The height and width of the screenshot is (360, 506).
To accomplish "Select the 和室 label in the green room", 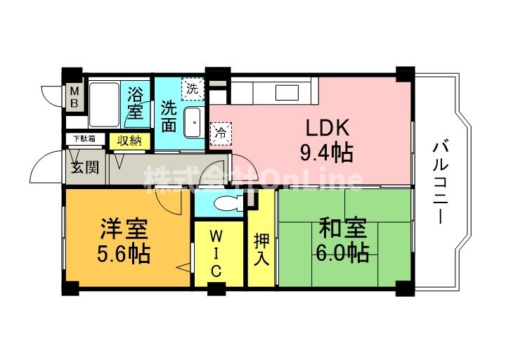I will click(343, 229).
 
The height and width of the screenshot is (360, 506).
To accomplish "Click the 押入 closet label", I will click(261, 250).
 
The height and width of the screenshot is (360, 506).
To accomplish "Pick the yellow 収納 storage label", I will click(129, 140).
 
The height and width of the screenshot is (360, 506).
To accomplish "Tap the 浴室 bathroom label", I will click(136, 103).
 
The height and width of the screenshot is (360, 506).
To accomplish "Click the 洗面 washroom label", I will click(169, 117).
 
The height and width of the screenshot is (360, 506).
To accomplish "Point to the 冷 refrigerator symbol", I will click(221, 131).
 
